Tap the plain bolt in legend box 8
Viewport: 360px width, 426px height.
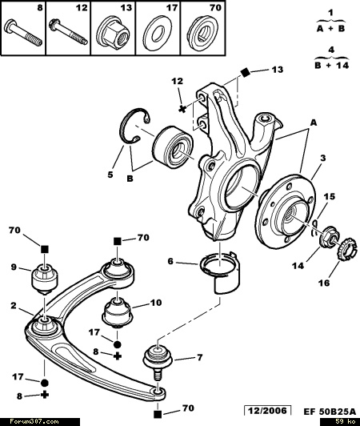click(23, 34)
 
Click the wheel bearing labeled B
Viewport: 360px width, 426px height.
click(173, 147)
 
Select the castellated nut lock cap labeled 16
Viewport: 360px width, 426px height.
click(346, 249)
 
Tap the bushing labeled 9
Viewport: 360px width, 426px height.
click(45, 279)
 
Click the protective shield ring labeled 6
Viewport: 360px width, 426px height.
click(220, 273)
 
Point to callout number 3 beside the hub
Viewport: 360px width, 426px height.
click(322, 158)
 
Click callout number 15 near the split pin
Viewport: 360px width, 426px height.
click(330, 196)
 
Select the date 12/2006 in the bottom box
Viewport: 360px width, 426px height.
click(267, 411)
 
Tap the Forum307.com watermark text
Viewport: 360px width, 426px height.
click(34, 422)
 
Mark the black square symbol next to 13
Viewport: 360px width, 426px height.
click(245, 73)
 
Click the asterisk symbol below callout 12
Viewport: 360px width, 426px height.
click(182, 109)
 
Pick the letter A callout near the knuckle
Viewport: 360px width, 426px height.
click(314, 123)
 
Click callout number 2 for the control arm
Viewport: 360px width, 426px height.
click(14, 306)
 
